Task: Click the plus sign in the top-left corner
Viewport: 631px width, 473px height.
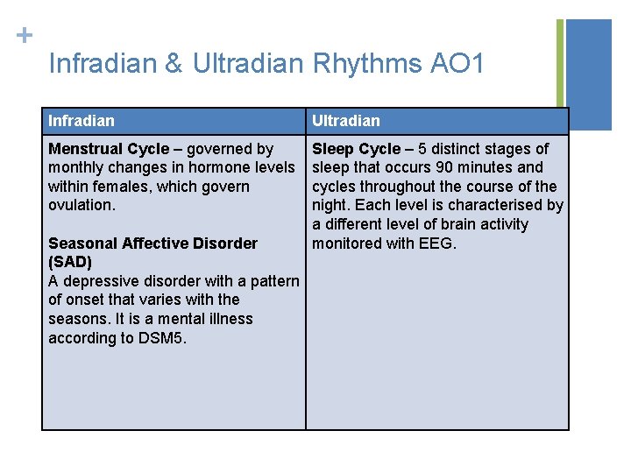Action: click(x=25, y=36)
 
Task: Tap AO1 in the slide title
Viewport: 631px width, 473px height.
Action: click(x=457, y=64)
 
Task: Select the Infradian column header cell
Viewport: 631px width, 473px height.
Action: click(x=174, y=121)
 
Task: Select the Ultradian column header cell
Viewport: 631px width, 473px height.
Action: click(x=436, y=121)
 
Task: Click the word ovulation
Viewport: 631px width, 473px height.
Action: click(x=81, y=205)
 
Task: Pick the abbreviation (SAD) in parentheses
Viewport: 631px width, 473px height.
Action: click(x=70, y=262)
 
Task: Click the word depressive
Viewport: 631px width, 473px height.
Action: click(x=99, y=281)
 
